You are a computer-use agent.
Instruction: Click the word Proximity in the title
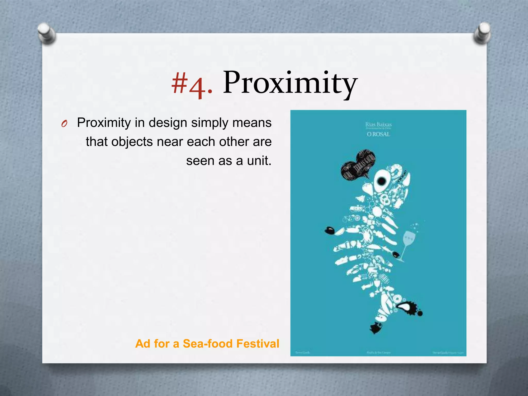(290, 83)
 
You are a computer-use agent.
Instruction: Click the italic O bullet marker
(64, 124)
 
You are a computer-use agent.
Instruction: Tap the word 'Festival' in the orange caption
(258, 344)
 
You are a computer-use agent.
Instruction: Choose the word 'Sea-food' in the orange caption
(208, 344)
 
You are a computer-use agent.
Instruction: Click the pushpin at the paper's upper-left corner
(46, 34)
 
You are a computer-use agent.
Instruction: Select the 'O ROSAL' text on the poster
(378, 134)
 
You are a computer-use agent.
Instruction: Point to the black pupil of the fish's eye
(381, 181)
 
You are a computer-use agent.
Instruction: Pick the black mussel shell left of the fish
(330, 230)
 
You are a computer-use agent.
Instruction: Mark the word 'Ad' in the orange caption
(143, 344)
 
